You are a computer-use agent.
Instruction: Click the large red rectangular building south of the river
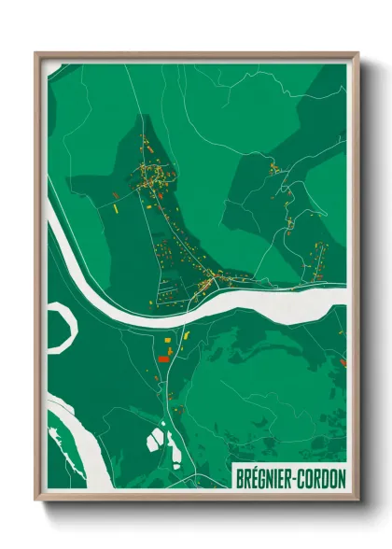click(162, 358)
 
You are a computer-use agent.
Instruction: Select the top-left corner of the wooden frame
click(36, 54)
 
